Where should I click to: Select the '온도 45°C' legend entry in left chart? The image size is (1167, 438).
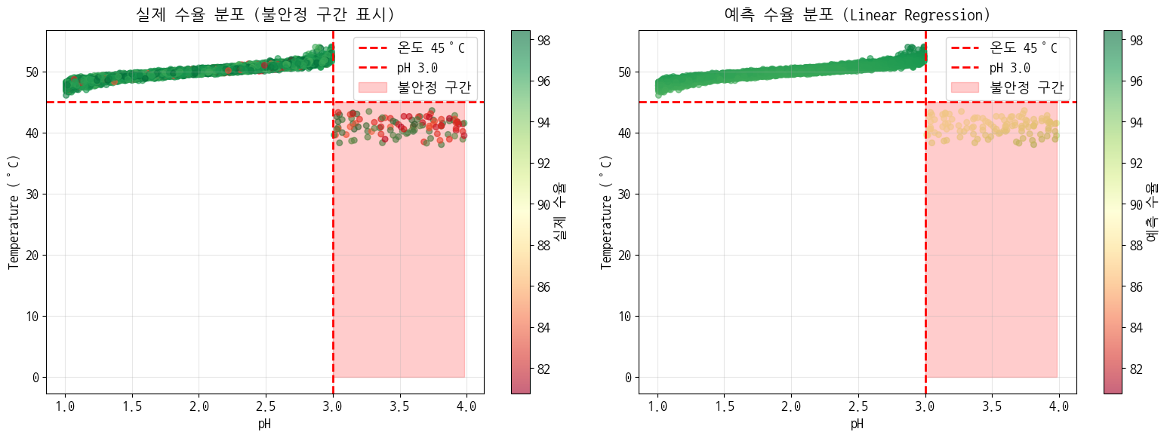pyautogui.click(x=431, y=48)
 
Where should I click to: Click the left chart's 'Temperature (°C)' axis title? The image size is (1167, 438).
pyautogui.click(x=13, y=212)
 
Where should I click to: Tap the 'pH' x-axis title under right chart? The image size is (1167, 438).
pyautogui.click(x=857, y=424)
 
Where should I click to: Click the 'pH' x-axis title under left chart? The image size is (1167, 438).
pyautogui.click(x=264, y=424)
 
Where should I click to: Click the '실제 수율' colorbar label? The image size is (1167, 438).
pyautogui.click(x=561, y=212)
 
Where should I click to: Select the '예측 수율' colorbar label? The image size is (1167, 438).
pyautogui.click(x=1153, y=212)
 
